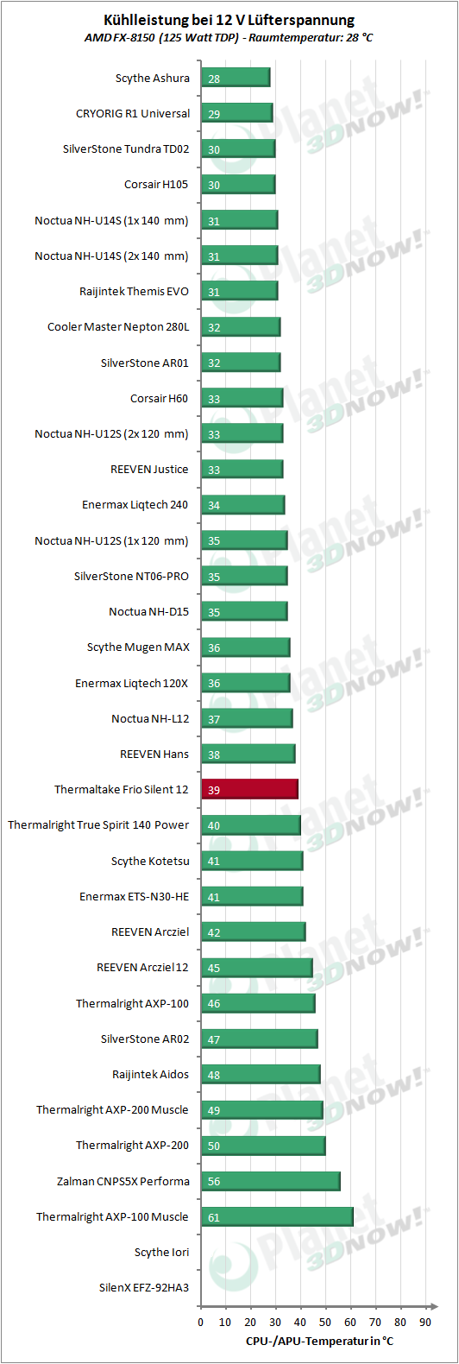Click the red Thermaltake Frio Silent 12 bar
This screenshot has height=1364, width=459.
click(249, 789)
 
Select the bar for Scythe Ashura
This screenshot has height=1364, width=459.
click(236, 78)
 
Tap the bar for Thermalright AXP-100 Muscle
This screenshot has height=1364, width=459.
click(277, 1216)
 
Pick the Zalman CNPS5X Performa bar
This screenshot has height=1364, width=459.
click(271, 1181)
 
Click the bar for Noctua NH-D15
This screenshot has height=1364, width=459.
click(245, 611)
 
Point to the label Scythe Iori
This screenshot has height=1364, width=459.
click(161, 1252)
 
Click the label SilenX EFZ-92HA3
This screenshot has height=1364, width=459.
click(144, 1287)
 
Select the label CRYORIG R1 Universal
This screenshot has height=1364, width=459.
click(133, 114)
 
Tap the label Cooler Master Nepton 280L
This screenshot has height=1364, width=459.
click(118, 327)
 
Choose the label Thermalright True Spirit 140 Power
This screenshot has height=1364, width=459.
click(98, 825)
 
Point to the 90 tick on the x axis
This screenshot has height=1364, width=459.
click(425, 1322)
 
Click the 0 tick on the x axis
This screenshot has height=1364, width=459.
click(201, 1322)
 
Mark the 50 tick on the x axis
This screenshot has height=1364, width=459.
click(325, 1322)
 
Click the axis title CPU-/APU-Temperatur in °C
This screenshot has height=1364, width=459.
click(319, 1341)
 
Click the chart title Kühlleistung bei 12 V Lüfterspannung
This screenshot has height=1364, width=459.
click(229, 20)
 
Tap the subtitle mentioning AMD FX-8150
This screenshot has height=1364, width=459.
click(229, 38)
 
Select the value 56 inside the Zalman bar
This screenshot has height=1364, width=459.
click(214, 1182)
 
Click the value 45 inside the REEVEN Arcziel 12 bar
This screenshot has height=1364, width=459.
click(214, 969)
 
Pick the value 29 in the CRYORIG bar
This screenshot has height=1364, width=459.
click(214, 115)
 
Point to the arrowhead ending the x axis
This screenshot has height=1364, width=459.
click(434, 1306)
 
